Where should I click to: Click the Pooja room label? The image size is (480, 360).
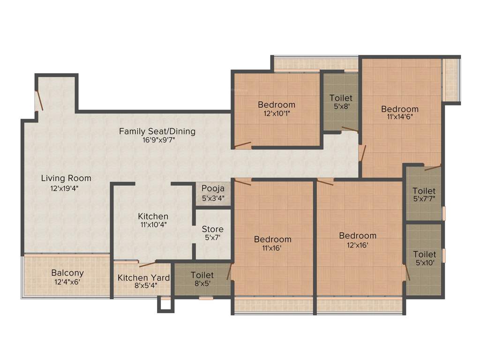(212, 188)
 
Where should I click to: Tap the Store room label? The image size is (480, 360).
(212, 229)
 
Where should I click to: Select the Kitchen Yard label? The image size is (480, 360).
(143, 278)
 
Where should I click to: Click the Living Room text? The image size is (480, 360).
(66, 178)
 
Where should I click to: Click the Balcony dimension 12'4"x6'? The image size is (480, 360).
(67, 282)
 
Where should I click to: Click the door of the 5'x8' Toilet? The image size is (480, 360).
(350, 128)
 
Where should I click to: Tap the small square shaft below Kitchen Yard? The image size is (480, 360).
(165, 304)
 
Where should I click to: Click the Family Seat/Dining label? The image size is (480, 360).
(157, 131)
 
